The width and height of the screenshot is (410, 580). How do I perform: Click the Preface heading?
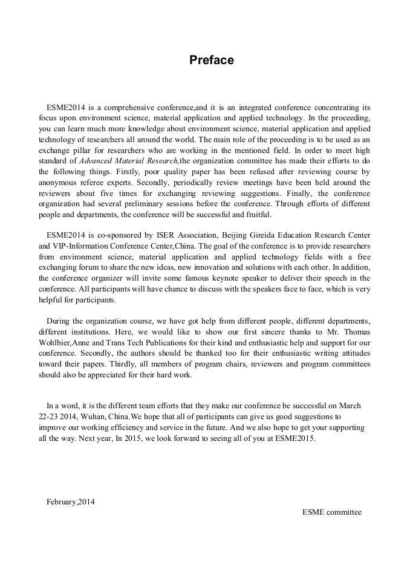click(x=211, y=60)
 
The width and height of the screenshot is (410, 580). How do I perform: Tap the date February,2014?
click(x=70, y=501)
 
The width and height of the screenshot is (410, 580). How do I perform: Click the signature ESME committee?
click(x=332, y=512)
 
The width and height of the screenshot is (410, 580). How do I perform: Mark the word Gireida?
click(x=275, y=235)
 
